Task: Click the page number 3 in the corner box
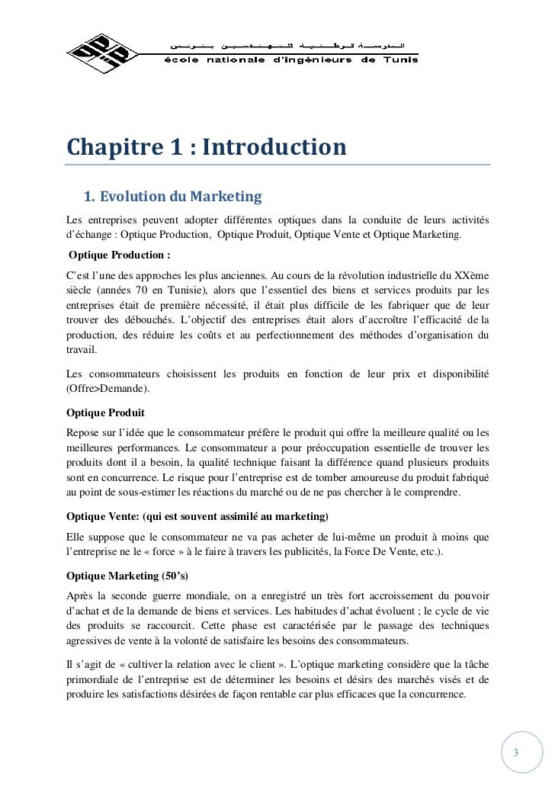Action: (x=515, y=753)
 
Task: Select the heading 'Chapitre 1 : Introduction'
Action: (x=206, y=145)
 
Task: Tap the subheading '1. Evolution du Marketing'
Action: (x=172, y=198)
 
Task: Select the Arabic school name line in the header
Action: (x=294, y=37)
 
